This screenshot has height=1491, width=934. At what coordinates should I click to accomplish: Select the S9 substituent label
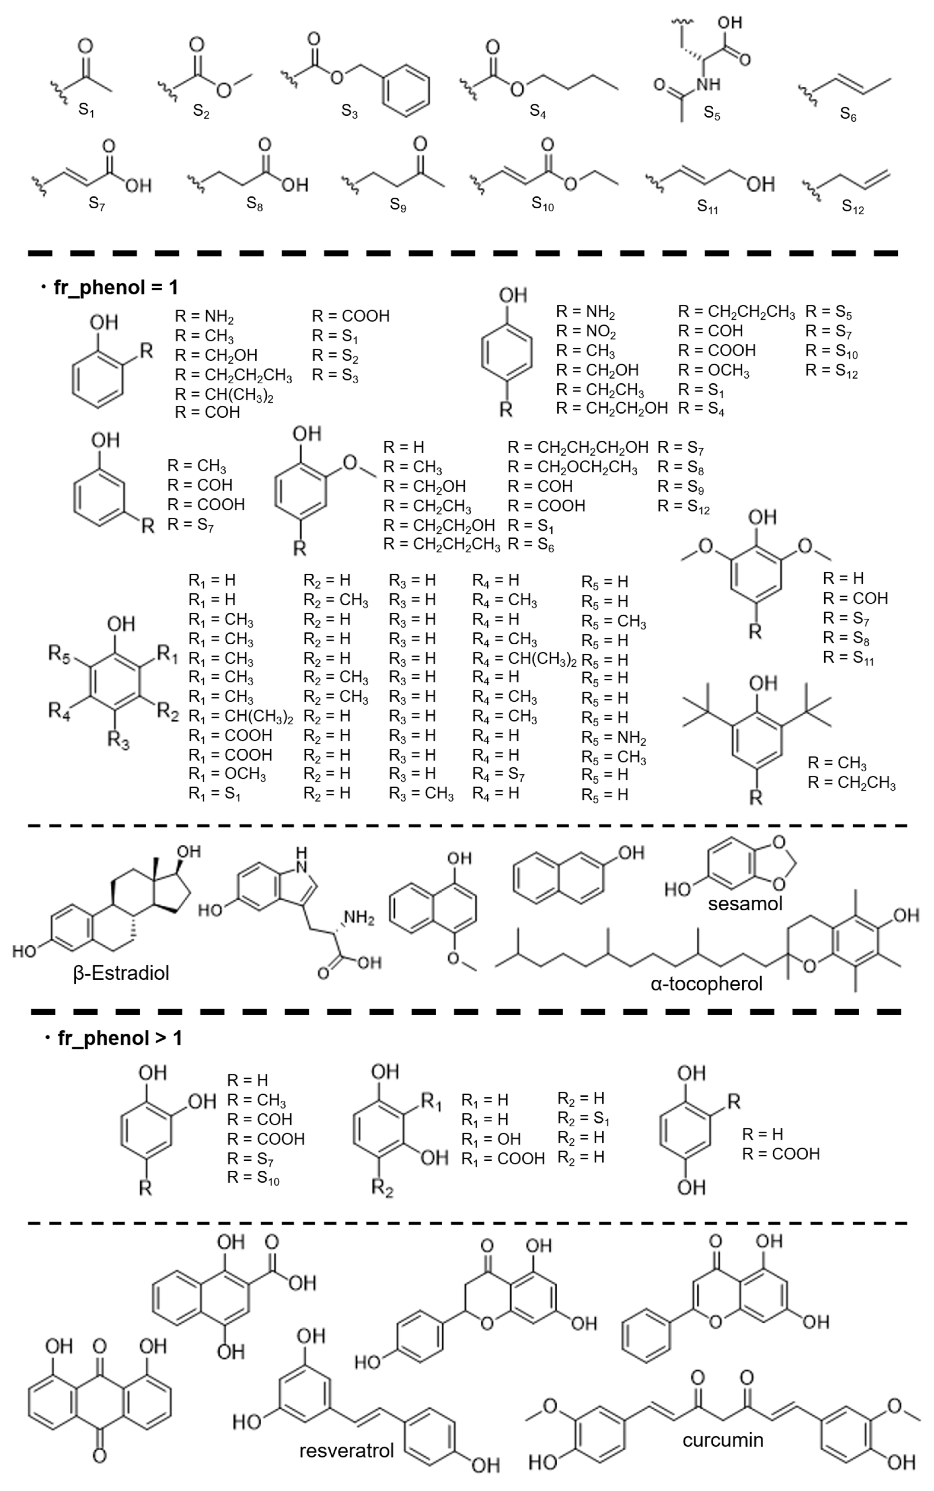point(398,205)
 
